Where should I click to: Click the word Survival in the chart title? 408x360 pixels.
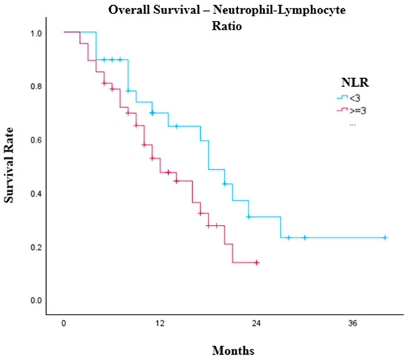[x=177, y=10]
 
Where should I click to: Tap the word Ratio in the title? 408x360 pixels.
[x=227, y=26]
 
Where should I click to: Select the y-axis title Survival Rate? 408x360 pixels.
[x=8, y=165]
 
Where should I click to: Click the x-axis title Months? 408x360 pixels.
[x=233, y=350]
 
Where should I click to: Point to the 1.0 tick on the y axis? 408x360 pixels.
[x=36, y=33]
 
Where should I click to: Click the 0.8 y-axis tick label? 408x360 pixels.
[x=36, y=86]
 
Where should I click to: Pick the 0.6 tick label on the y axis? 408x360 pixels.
[x=36, y=140]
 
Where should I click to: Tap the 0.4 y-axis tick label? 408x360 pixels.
[x=36, y=194]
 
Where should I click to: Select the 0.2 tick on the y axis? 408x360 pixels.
[x=36, y=247]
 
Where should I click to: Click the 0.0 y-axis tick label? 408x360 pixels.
[x=36, y=301]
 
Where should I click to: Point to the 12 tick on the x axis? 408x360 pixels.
[x=160, y=324]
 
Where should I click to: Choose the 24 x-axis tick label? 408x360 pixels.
[x=257, y=324]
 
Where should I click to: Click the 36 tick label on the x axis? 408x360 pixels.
[x=352, y=324]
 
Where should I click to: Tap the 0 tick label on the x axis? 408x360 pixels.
[x=64, y=324]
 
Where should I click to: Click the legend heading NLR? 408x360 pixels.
[x=355, y=82]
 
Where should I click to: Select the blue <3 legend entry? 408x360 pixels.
[x=349, y=98]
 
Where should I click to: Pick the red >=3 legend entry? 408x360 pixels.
[x=352, y=111]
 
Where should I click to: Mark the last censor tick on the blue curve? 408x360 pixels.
[x=385, y=238]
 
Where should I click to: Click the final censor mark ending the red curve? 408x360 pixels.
[x=257, y=262]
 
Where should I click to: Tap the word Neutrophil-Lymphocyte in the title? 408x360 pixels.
[x=279, y=10]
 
